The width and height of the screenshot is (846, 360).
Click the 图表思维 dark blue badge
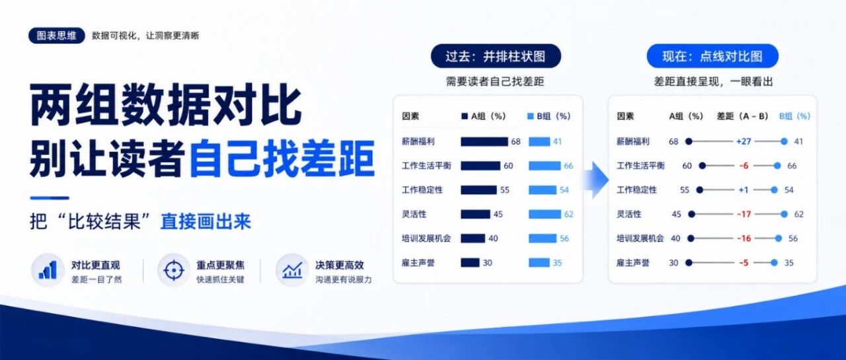pos(57,36)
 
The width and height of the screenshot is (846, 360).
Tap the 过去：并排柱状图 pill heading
pos(496,56)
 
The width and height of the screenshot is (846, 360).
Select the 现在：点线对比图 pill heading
pos(712,56)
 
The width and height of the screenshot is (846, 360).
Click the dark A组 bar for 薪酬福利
pos(484,141)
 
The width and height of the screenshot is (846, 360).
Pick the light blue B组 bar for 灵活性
pos(545,214)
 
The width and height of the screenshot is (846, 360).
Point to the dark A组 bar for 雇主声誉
pos(470,263)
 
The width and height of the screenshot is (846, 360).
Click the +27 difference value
pos(744,141)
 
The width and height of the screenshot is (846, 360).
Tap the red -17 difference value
pos(744,214)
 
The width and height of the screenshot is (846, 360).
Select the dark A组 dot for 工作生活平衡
pos(702,166)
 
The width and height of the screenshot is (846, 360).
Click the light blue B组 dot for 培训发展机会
pos(779,238)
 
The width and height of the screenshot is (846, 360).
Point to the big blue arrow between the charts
pos(596,180)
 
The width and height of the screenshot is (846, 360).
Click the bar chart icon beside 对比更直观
pos(48,270)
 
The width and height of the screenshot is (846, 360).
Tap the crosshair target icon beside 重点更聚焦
pos(174,270)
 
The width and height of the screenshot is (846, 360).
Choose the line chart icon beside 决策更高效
pos(292,270)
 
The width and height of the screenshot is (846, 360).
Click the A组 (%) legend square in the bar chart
pos(465,116)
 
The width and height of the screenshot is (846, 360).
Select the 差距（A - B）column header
pos(742,116)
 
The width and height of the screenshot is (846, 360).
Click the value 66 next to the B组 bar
pos(568,166)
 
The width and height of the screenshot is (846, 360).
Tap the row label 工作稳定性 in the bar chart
pos(422,190)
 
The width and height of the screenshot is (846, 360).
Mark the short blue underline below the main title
pos(50,198)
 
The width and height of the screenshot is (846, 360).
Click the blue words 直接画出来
pos(206,221)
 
